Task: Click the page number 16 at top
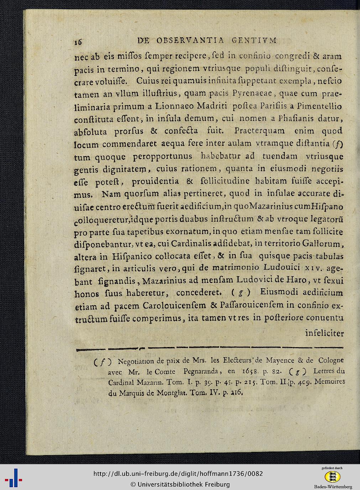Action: [78, 42]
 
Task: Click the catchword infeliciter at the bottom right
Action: [324, 334]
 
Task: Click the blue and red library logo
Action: [14, 478]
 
